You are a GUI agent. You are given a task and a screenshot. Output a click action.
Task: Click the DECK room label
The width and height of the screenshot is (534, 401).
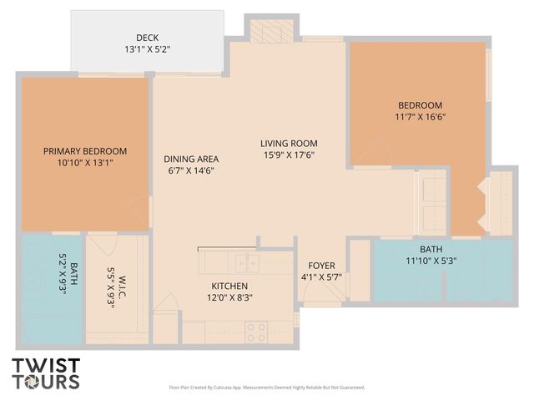(x=148, y=38)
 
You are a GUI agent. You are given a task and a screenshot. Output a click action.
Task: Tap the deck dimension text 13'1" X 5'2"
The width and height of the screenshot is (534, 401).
(x=148, y=48)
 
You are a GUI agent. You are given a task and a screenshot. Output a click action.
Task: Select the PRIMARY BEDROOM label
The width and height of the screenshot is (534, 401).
(x=85, y=151)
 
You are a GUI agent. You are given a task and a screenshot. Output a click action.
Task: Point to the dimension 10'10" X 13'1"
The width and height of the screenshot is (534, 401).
(x=85, y=163)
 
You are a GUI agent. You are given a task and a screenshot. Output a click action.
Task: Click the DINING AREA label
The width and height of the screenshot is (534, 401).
(x=191, y=159)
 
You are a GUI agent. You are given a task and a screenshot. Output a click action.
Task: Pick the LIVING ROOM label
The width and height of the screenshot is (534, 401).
(x=289, y=143)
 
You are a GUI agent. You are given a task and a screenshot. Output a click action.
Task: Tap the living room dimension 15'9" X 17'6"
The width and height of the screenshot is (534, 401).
(x=289, y=155)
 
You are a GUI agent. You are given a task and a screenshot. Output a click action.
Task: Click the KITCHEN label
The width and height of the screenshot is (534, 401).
(x=229, y=286)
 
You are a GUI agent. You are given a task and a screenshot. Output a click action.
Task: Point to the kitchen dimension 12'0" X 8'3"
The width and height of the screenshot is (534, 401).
(x=229, y=297)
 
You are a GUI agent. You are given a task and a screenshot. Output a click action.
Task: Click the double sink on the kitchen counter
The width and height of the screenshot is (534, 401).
(x=245, y=262)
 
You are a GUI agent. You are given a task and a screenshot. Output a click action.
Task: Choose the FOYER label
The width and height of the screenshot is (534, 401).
(x=321, y=266)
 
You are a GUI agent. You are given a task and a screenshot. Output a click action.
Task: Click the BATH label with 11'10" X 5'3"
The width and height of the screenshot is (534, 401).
(x=431, y=249)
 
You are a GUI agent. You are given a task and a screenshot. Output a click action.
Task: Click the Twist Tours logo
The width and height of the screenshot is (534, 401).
(x=46, y=373)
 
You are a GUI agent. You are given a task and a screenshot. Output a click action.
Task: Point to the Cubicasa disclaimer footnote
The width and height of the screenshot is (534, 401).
(x=266, y=388)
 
